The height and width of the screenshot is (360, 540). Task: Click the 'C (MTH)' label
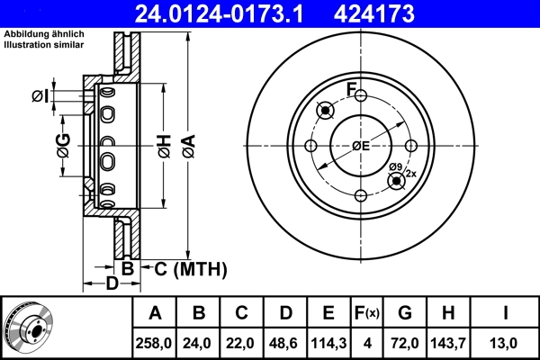(x=184, y=268)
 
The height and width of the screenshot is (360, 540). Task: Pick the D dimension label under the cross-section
(x=112, y=285)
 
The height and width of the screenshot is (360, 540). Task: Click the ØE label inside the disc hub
(x=361, y=146)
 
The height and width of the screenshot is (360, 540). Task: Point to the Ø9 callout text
(x=395, y=166)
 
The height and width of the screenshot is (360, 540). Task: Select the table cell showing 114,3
(x=329, y=343)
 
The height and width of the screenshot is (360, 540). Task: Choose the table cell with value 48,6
(x=286, y=343)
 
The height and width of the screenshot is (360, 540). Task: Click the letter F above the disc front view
(x=353, y=89)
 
